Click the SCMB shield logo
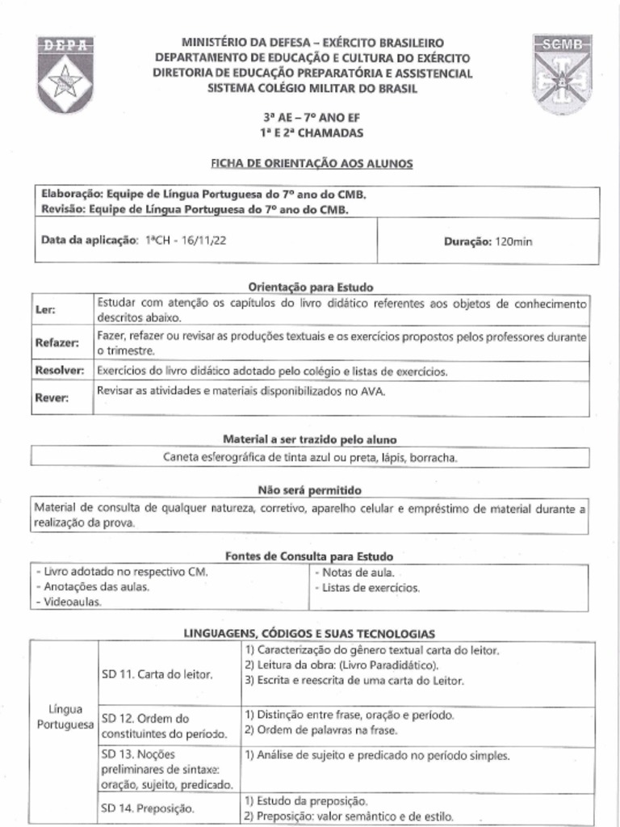click(563, 73)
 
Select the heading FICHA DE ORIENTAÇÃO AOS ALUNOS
click(312, 163)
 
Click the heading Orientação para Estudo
click(310, 287)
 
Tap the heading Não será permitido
click(309, 490)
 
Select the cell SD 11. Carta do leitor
click(157, 674)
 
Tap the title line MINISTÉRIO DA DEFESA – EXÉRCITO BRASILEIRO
click(312, 42)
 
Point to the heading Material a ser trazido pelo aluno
click(310, 439)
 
